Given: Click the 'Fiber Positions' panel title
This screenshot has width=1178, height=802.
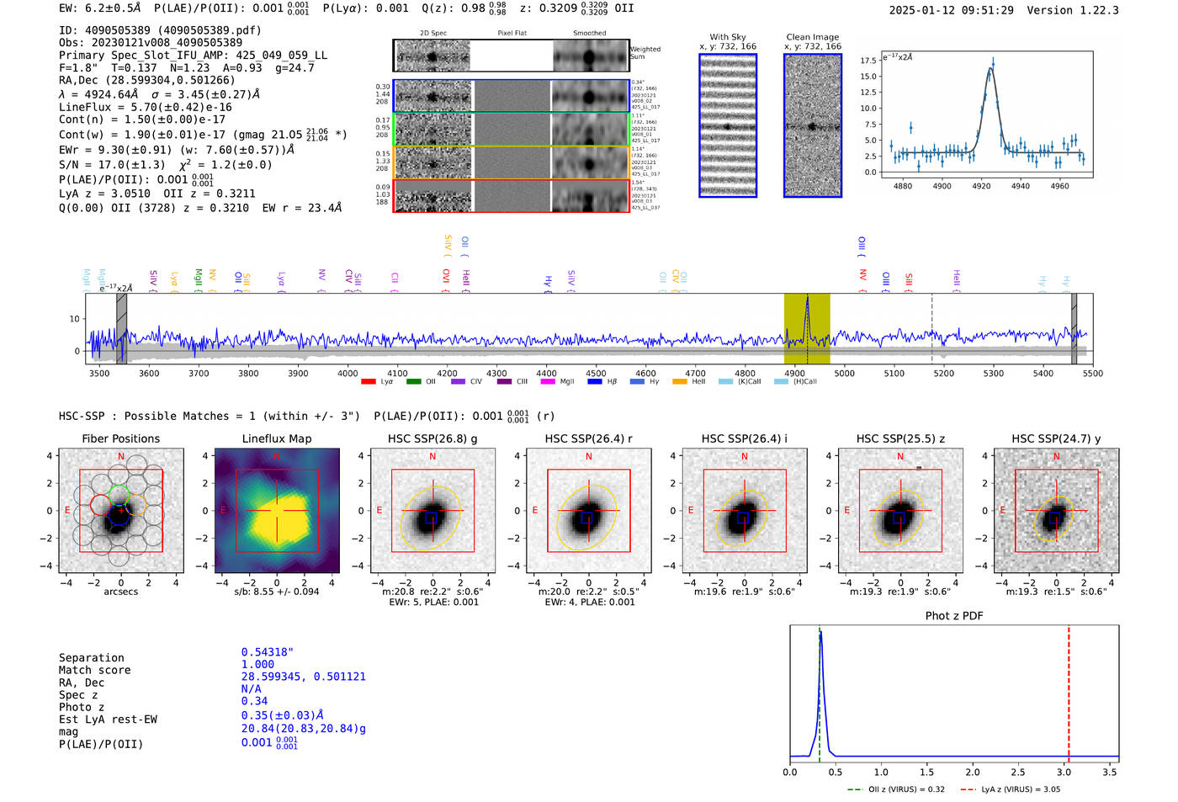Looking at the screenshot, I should tap(120, 438).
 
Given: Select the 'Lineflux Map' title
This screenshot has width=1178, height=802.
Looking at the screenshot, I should tap(276, 438).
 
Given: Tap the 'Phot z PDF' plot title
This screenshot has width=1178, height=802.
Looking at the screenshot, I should tap(953, 616).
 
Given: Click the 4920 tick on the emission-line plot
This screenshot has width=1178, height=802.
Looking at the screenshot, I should tap(981, 186).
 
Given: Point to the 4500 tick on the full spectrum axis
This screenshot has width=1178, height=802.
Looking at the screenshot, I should tap(596, 373).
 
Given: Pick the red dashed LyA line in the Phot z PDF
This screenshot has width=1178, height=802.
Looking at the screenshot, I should tap(1069, 690).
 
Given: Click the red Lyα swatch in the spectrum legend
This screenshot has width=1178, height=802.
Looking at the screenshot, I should tap(368, 382).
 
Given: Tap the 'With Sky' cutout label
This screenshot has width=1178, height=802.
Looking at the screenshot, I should tap(727, 37).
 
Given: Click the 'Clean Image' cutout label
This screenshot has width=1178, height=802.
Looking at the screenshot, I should tap(812, 37).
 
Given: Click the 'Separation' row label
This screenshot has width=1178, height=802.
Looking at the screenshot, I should tap(91, 658).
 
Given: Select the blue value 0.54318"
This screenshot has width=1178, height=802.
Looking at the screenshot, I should tap(267, 652).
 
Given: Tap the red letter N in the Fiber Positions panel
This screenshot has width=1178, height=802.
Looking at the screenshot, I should tap(121, 457).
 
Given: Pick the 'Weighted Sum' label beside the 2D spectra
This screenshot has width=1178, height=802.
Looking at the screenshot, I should tap(645, 53).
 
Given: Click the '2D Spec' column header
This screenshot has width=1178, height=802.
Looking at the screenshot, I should tap(432, 34).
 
